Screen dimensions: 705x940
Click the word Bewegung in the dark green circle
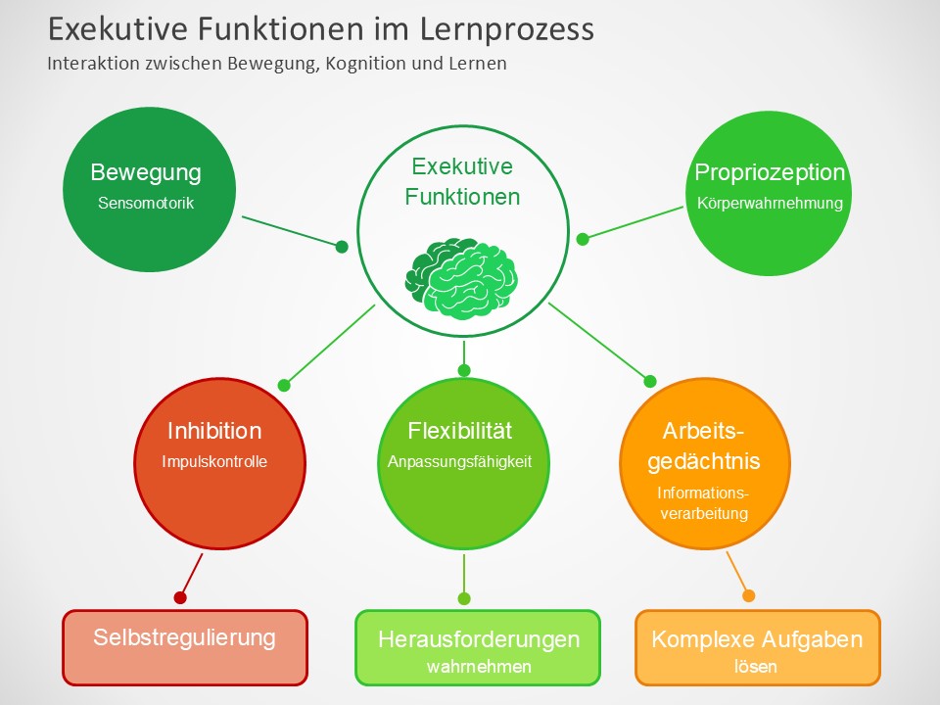[146, 173]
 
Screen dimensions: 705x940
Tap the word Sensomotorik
[146, 205]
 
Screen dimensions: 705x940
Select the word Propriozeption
[770, 173]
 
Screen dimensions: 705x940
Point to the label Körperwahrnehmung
[770, 205]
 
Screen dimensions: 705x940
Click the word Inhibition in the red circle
[214, 431]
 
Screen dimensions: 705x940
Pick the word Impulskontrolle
[214, 462]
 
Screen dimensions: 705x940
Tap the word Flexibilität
[459, 431]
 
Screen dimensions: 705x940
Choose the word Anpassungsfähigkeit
[459, 462]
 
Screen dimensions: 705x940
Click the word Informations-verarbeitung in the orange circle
[703, 503]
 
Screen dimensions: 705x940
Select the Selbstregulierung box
[185, 638]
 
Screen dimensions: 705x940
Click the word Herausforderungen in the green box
[479, 639]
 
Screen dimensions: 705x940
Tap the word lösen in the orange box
[756, 667]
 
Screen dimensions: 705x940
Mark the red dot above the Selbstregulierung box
[180, 597]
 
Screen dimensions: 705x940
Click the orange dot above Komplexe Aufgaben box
[749, 595]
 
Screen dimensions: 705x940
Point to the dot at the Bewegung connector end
[342, 247]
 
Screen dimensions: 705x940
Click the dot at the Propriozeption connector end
[583, 239]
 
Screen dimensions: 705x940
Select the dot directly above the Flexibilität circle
[464, 370]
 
